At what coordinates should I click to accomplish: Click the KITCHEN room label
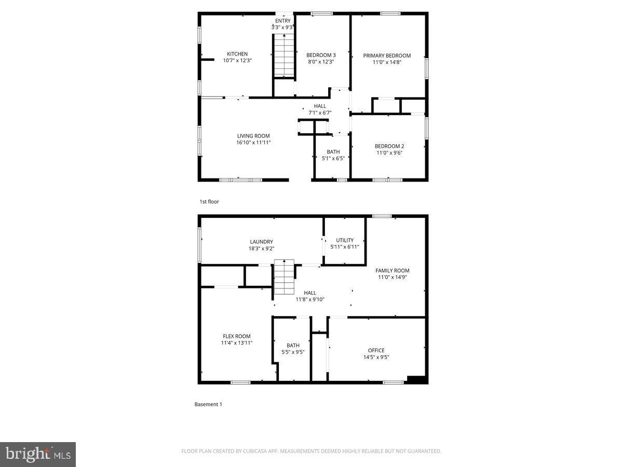point(237,54)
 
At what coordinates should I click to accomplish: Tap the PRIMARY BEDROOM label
point(387,56)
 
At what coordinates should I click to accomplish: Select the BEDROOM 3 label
point(321,55)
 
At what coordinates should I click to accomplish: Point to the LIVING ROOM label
point(254,136)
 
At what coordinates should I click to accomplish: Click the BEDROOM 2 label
point(389,146)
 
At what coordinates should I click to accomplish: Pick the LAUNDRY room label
point(261,242)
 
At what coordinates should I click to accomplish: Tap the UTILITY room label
point(345,240)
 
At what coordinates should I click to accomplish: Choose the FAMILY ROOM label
point(392,270)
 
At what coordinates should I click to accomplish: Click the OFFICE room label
point(376,350)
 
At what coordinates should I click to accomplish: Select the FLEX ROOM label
point(237,336)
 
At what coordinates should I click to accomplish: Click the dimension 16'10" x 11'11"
point(254,142)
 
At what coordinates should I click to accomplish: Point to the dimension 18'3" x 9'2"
point(261,248)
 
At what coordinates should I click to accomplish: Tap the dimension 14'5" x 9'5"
point(376,357)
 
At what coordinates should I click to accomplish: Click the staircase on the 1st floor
point(284,55)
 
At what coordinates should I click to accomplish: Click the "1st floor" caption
point(209,201)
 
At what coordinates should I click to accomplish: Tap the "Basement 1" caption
point(208,404)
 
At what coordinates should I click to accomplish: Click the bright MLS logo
point(38,455)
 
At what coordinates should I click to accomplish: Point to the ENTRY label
point(283,21)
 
